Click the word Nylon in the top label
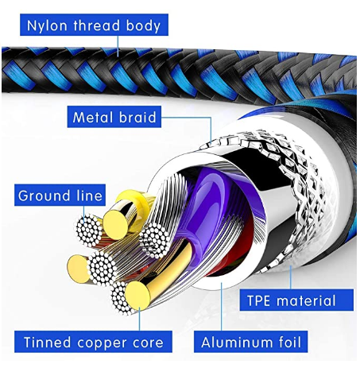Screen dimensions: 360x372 point(47,26)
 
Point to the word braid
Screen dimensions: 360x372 point(137,117)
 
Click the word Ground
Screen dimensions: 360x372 point(45,196)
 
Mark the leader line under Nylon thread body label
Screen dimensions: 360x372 point(118,46)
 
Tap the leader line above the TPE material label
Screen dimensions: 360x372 point(291,277)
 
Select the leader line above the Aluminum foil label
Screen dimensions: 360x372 point(222,306)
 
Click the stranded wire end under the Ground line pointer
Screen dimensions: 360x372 point(89,231)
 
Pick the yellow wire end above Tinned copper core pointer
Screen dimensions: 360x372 point(137,296)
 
